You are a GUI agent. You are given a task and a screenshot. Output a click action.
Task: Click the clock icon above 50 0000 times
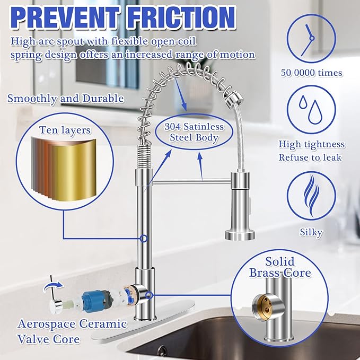tap(312, 35)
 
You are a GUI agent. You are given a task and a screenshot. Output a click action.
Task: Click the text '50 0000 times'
tap(312, 73)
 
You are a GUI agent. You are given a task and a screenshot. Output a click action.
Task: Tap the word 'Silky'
tap(312, 232)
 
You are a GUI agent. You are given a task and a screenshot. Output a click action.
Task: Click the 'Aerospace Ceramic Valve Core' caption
tap(72, 331)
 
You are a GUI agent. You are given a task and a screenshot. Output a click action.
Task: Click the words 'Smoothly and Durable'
tap(66, 98)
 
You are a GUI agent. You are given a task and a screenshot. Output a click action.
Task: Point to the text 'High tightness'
tap(312, 144)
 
